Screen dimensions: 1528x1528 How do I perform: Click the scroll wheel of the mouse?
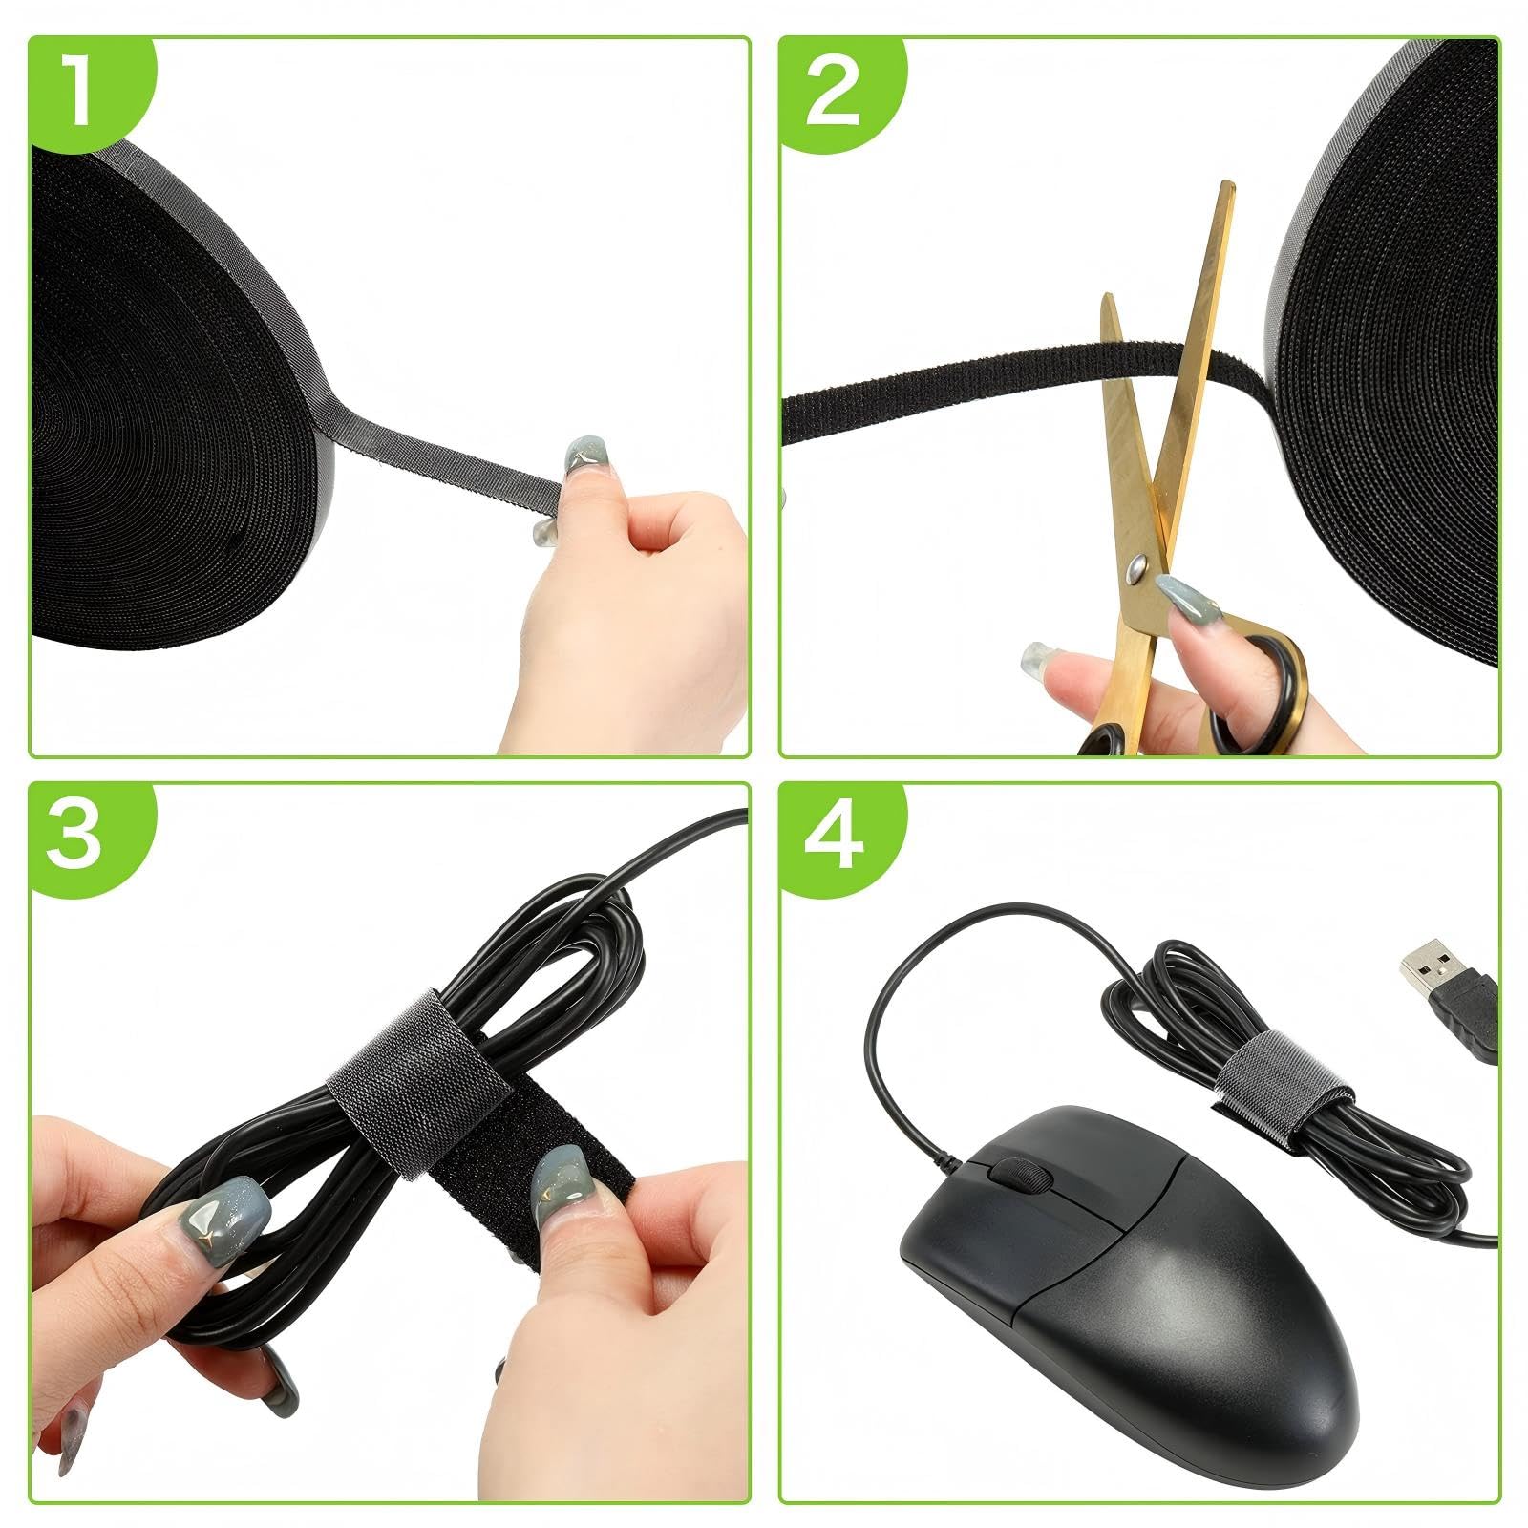tap(1015, 1174)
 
